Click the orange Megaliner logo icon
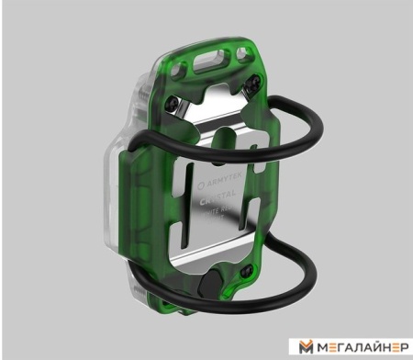(x=306, y=345)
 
